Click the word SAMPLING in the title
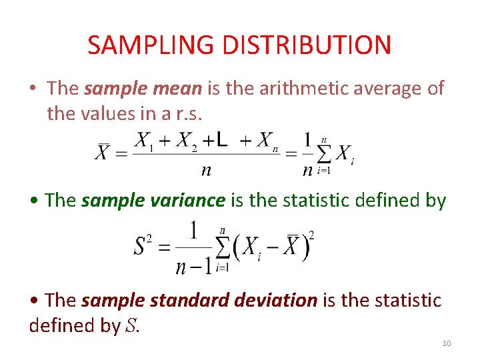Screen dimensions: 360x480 click(x=151, y=45)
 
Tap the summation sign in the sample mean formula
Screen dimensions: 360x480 click(x=324, y=155)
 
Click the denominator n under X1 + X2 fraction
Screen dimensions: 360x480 click(x=207, y=169)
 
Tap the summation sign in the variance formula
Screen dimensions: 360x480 click(x=222, y=248)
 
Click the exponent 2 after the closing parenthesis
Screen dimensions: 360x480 click(x=311, y=234)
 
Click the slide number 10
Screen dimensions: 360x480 click(x=447, y=343)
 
